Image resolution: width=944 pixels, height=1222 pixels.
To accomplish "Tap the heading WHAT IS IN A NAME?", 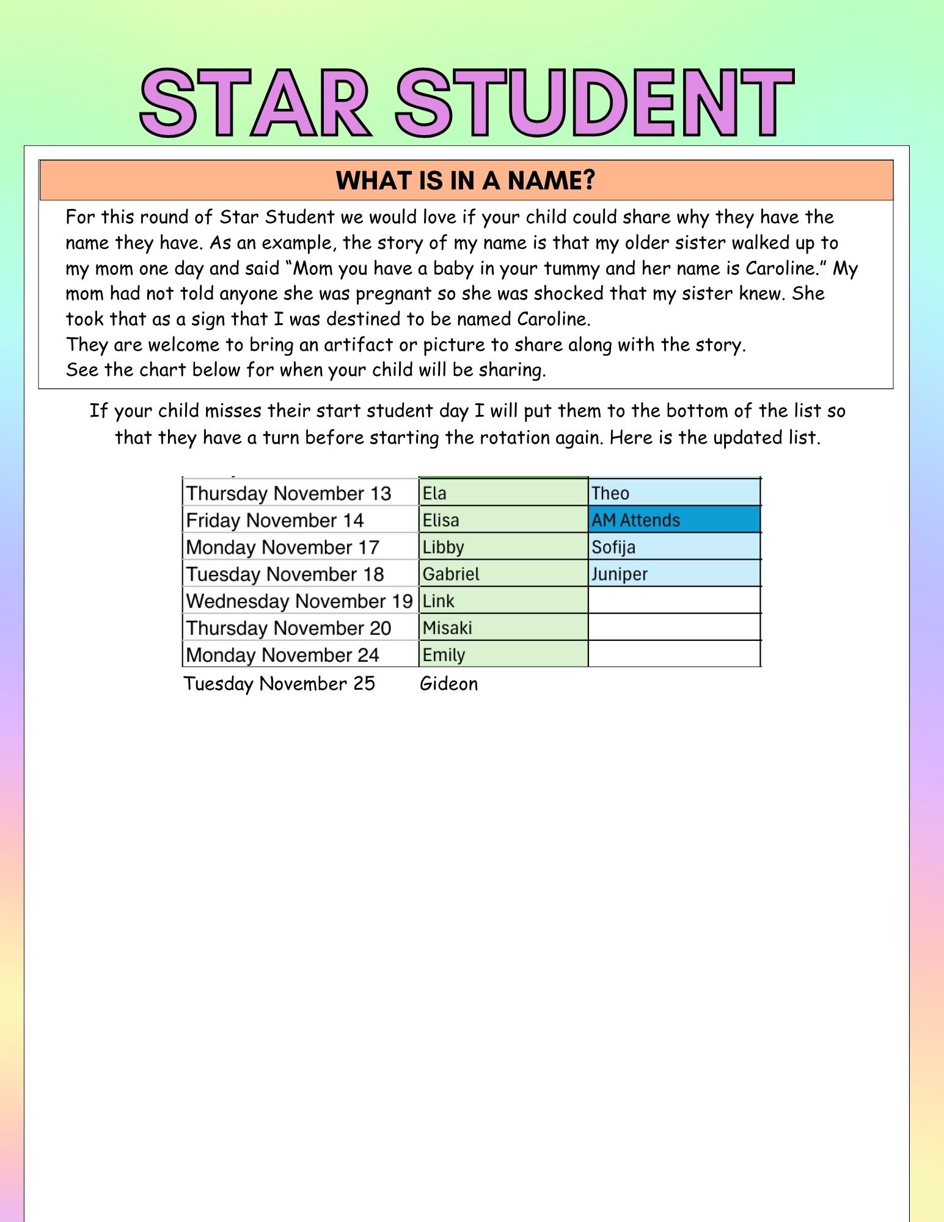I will (x=466, y=181).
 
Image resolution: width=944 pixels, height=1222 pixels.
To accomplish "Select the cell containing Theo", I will (x=674, y=492).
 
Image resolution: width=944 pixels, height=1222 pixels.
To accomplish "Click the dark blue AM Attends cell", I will (x=674, y=519).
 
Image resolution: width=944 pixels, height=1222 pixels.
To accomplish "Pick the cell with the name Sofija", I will (x=674, y=546).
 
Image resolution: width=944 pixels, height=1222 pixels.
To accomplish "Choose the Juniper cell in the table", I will (x=674, y=574).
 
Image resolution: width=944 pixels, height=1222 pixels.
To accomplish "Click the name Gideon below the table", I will (x=448, y=683).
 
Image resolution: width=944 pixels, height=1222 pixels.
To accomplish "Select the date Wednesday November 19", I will (x=299, y=601).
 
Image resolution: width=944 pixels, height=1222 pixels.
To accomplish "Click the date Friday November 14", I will (x=274, y=520).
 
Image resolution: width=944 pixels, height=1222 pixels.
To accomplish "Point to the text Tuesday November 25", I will (x=279, y=683).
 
